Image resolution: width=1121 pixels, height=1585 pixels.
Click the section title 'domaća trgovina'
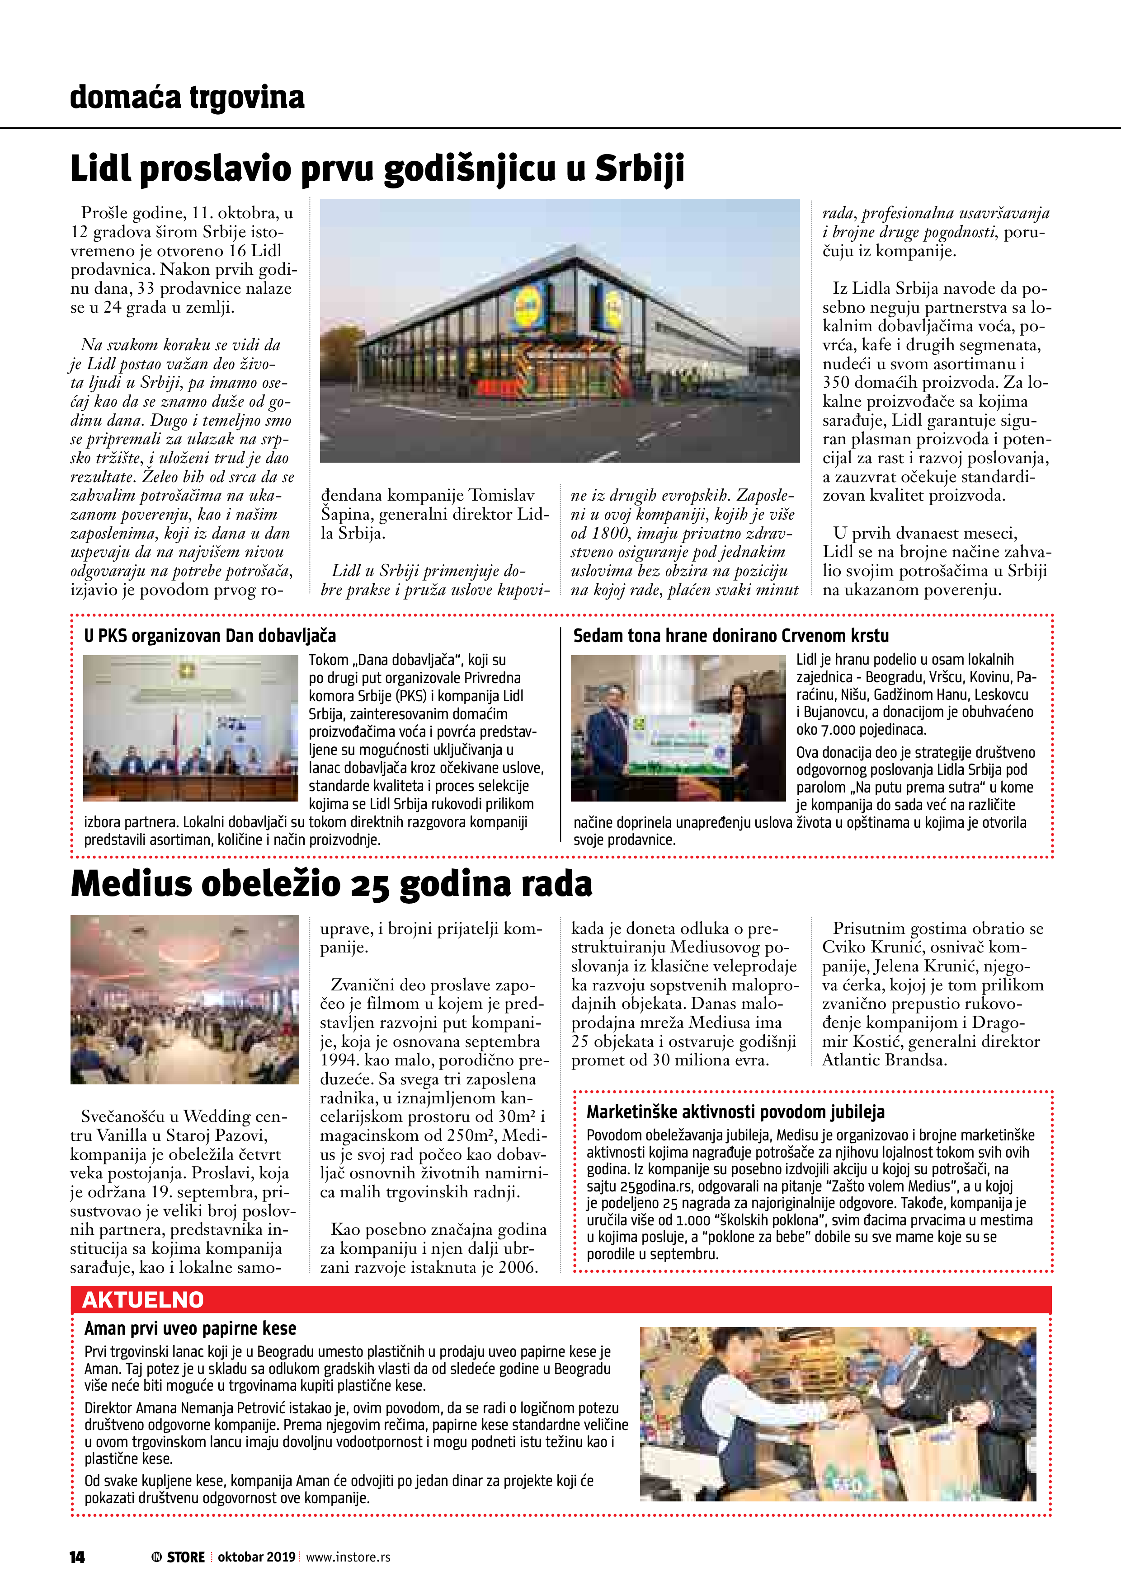(x=187, y=97)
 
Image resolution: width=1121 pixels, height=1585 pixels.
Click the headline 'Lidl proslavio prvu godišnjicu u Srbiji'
(x=377, y=169)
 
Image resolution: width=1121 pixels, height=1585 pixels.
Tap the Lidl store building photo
(x=560, y=331)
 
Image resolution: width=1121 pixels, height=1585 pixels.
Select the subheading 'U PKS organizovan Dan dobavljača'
(x=210, y=636)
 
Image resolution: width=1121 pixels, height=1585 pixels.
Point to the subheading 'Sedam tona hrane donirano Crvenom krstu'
(x=731, y=636)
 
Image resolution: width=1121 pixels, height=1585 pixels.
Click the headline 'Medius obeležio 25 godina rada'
(x=331, y=884)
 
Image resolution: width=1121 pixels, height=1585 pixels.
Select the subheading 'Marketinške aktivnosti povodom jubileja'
(x=735, y=1112)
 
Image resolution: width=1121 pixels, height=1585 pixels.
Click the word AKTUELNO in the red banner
(x=143, y=1300)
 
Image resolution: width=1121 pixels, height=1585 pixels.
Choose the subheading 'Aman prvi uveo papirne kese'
(x=190, y=1329)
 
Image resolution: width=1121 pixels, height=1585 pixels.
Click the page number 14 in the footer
(x=77, y=1557)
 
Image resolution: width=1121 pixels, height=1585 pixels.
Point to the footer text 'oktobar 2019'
(x=256, y=1557)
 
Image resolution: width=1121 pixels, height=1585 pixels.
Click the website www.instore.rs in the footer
(x=348, y=1557)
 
